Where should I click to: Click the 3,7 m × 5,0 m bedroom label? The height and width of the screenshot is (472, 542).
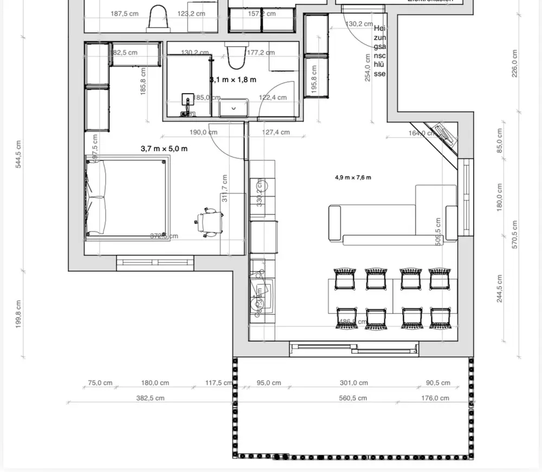pos(164,148)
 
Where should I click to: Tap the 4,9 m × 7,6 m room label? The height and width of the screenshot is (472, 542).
pos(353,177)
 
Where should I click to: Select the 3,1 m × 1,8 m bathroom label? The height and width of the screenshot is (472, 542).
pos(233,80)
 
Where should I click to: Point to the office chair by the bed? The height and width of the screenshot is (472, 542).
pos(210,222)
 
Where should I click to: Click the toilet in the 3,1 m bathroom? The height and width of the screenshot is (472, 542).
pos(235,56)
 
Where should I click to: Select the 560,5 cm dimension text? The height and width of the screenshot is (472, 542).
pos(353,398)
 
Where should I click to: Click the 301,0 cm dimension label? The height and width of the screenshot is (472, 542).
pos(353,383)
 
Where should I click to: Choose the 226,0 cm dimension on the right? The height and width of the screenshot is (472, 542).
pos(514,64)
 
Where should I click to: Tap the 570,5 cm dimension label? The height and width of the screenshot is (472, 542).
pos(514,234)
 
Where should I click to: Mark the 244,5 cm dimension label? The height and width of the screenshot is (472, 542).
pos(499,288)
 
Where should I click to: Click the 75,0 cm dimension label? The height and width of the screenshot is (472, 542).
pos(100,383)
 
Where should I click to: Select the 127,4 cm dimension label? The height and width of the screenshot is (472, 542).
pos(276,132)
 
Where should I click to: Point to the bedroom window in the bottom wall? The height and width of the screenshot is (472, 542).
pos(156,263)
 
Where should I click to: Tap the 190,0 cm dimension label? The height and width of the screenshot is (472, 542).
pos(204,132)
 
